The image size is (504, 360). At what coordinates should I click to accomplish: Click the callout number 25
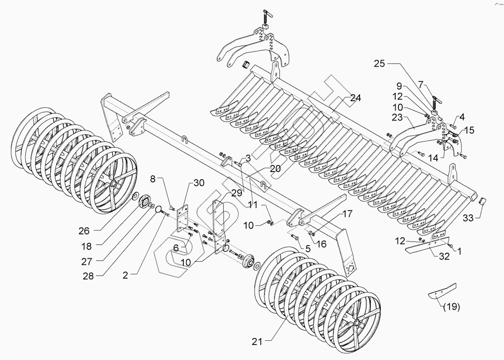[380, 64]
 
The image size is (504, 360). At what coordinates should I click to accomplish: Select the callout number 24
[355, 98]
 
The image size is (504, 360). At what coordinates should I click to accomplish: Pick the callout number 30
[199, 183]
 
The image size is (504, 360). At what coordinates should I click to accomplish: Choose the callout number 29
[237, 193]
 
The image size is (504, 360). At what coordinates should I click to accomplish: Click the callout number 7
[421, 84]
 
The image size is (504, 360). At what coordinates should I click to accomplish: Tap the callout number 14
[433, 158]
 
